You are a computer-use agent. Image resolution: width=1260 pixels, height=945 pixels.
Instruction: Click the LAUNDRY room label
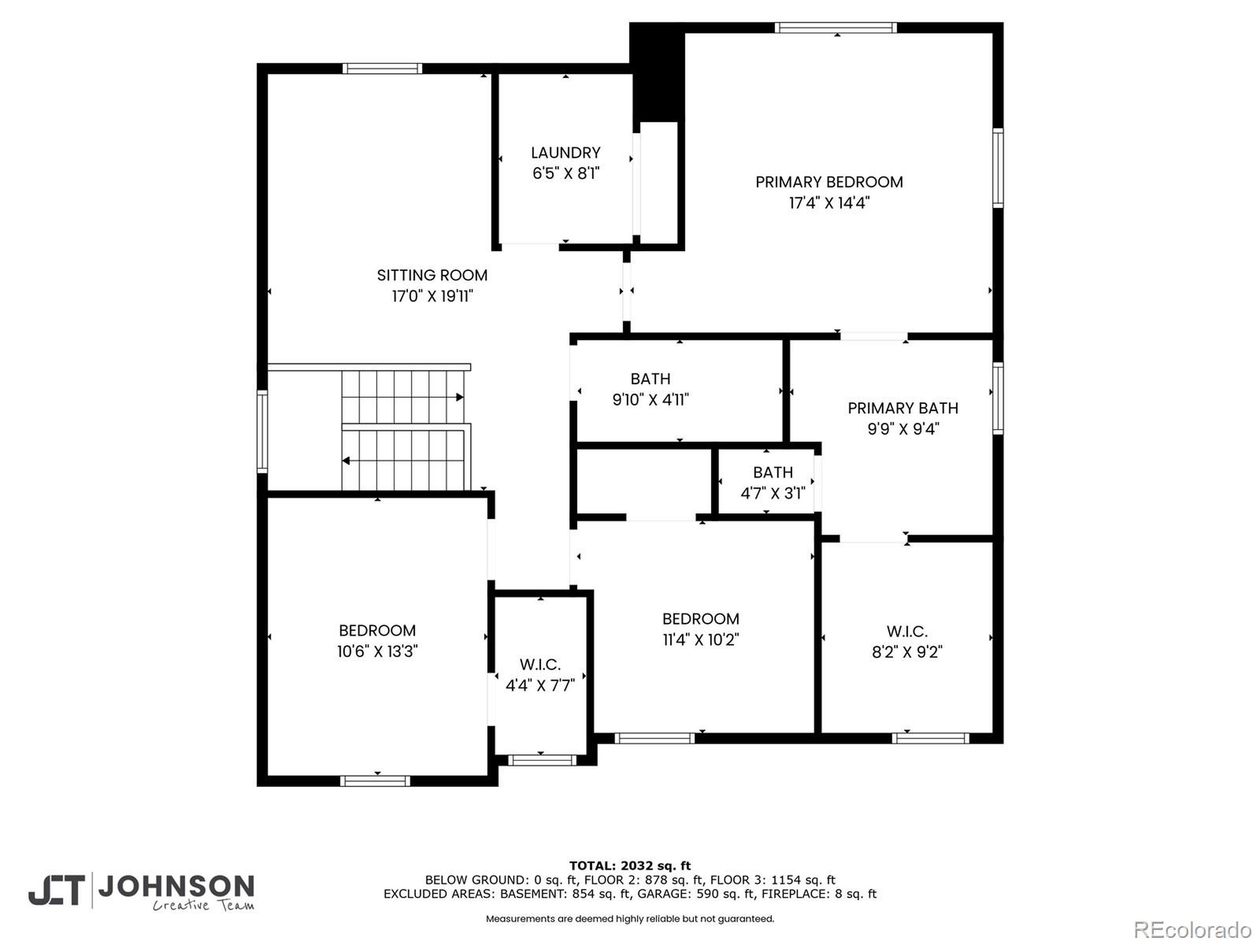[x=565, y=153]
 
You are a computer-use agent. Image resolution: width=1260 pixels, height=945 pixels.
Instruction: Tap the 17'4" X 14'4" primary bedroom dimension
[x=829, y=203]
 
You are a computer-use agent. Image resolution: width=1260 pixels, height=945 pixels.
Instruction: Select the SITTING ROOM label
[x=432, y=275]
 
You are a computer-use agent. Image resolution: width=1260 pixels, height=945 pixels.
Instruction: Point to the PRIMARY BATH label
[x=902, y=408]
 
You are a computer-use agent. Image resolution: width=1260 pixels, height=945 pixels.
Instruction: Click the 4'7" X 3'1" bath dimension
[x=772, y=493]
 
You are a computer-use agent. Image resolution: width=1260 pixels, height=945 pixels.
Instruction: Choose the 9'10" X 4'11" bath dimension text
[x=650, y=400]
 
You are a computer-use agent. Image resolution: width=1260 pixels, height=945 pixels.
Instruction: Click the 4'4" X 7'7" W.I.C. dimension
[x=540, y=685]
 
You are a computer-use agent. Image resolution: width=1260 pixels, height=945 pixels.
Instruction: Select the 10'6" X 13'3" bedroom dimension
[x=377, y=651]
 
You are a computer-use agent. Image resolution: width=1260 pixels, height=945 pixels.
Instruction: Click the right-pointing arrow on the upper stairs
[x=459, y=397]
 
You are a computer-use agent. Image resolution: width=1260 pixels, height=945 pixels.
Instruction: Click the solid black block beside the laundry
[x=656, y=74]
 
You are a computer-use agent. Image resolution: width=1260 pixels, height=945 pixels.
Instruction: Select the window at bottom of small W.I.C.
[x=542, y=760]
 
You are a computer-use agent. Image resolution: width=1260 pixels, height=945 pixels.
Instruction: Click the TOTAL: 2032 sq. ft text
[x=630, y=866]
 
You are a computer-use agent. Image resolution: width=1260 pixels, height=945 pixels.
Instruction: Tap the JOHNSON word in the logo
[x=176, y=886]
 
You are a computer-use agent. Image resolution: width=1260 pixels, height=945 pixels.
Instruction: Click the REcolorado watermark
[x=1192, y=930]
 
